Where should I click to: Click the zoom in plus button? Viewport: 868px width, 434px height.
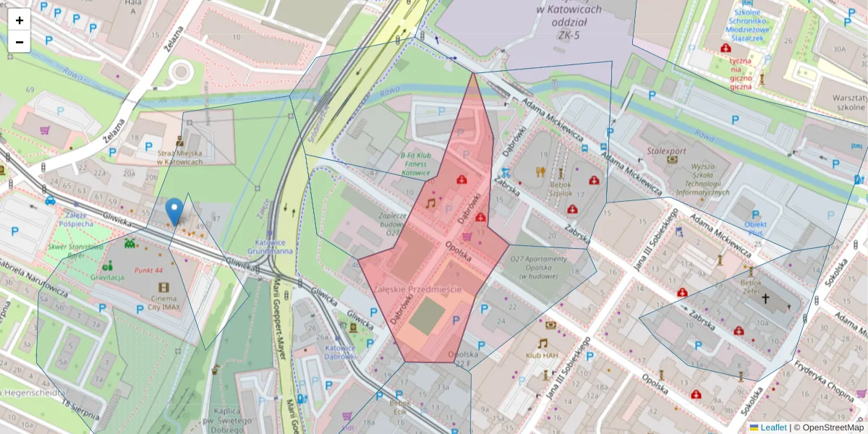coord(20,20)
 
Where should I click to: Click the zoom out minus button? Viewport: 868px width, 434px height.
coord(20,42)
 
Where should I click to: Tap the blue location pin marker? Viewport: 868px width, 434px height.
coord(174,211)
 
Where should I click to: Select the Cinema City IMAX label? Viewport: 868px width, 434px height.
coord(163,303)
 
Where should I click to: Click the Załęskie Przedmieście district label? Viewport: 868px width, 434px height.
coord(417,289)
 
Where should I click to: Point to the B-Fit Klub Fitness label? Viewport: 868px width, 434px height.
coord(415,163)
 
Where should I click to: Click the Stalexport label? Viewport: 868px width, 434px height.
coord(666,151)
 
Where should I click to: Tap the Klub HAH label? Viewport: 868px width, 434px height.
coord(542,355)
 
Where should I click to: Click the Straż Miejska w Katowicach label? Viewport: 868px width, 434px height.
coord(179,157)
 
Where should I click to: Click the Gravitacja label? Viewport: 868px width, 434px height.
coord(108,276)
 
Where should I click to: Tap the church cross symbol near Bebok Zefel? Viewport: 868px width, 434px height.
coord(765,298)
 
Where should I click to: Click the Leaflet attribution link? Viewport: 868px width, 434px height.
coord(773,427)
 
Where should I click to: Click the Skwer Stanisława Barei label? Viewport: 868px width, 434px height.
coord(76,250)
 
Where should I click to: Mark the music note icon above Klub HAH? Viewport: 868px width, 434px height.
coord(542,343)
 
